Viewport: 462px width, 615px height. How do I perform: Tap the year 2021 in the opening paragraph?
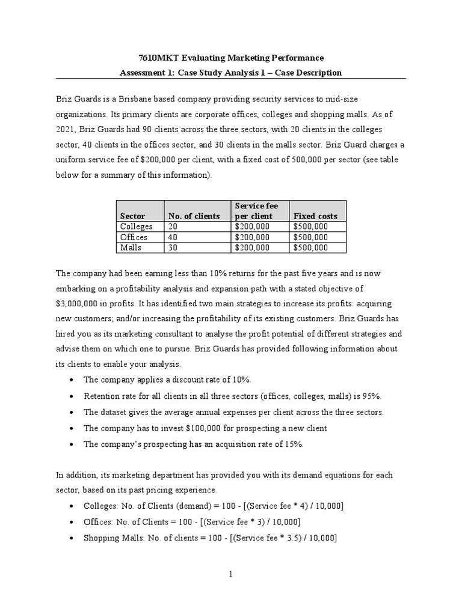67,129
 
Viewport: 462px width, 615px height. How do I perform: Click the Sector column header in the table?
132,216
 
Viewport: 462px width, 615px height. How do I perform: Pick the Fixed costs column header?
315,216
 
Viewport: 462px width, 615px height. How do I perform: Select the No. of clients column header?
194,216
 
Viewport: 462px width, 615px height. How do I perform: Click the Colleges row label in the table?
137,226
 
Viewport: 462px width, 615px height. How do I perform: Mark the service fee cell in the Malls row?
252,247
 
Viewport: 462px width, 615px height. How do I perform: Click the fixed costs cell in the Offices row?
310,237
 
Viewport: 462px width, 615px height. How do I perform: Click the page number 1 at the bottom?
230,574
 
